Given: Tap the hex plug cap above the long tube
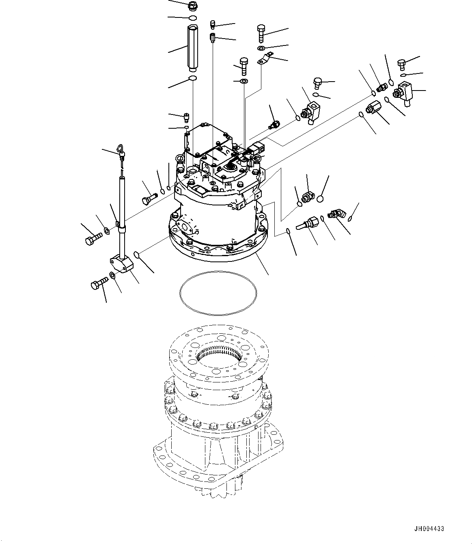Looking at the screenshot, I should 192,6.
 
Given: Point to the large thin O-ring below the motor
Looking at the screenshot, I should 218,292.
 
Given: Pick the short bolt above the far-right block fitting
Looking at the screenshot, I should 401,63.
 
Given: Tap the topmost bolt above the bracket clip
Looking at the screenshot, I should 261,32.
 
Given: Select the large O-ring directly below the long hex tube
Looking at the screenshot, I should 193,78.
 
